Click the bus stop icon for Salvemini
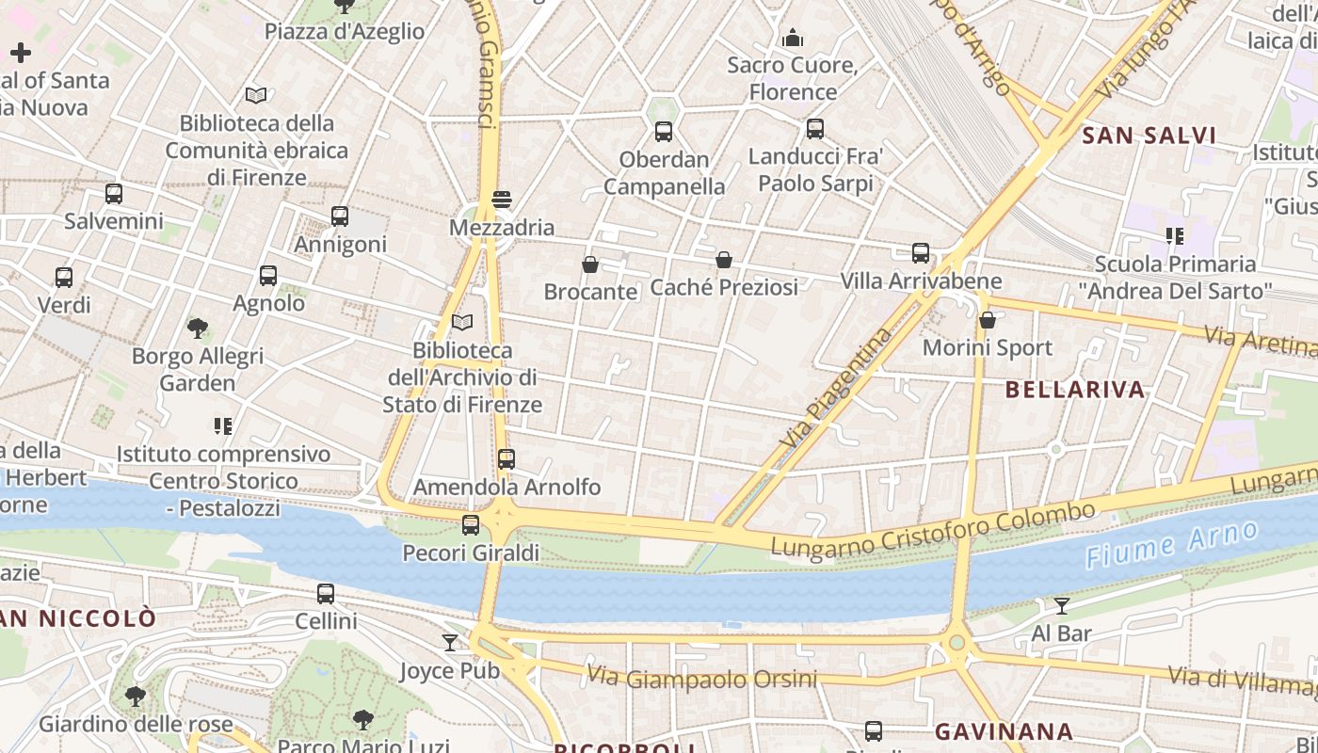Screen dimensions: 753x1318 pyautogui.click(x=114, y=194)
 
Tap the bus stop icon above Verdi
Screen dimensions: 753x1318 pyautogui.click(x=64, y=278)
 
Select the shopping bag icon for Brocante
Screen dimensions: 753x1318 pyautogui.click(x=590, y=264)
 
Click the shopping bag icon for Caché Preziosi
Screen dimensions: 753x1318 pyautogui.click(x=724, y=260)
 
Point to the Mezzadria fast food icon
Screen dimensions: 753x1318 pyautogui.click(x=502, y=200)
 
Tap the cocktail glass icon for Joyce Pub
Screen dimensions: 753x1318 pyautogui.click(x=450, y=643)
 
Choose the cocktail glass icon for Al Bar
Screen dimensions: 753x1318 pyautogui.click(x=1062, y=605)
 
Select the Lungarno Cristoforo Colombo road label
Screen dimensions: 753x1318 pyautogui.click(x=932, y=529)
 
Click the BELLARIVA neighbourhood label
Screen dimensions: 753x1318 pyautogui.click(x=1075, y=390)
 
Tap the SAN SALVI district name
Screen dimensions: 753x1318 pyautogui.click(x=1149, y=136)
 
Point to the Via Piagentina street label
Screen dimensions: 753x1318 pyautogui.click(x=835, y=387)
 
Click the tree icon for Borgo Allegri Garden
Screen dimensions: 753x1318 pyautogui.click(x=198, y=328)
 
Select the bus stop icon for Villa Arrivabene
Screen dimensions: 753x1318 pyautogui.click(x=921, y=253)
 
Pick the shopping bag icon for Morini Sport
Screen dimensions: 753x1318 pyautogui.click(x=988, y=321)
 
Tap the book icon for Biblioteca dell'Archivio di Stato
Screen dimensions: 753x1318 pyautogui.click(x=462, y=323)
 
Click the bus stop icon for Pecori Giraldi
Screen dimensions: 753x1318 pyautogui.click(x=471, y=525)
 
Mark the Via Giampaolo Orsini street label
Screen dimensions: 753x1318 pyautogui.click(x=701, y=678)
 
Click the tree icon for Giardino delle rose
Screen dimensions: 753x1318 pyautogui.click(x=136, y=697)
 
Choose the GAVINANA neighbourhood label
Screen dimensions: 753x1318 pyautogui.click(x=1004, y=731)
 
